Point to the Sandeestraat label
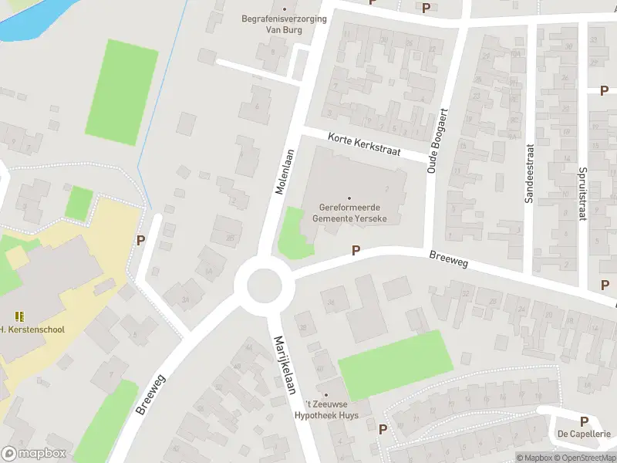[x=529, y=174]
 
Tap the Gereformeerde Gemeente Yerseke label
[x=349, y=214]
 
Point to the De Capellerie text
[x=584, y=434]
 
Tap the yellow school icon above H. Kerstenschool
[x=19, y=316]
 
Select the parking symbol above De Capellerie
[x=584, y=421]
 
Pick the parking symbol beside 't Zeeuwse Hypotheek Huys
[x=383, y=429]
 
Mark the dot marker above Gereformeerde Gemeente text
[x=349, y=198]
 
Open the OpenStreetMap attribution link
[x=585, y=458]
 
